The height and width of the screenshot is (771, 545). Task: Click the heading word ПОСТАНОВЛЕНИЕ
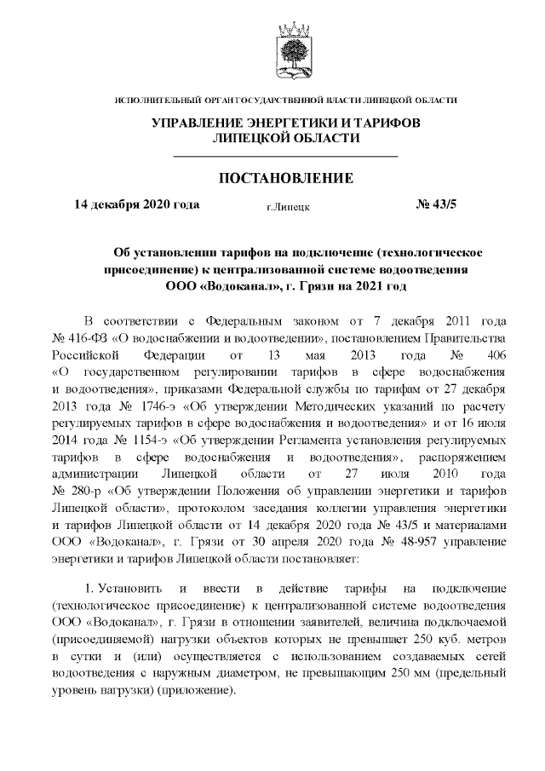coord(286,178)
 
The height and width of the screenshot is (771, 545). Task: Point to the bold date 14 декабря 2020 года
coord(137,204)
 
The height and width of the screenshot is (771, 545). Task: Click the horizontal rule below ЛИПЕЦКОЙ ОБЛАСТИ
coord(286,157)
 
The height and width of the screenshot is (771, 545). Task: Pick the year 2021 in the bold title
coord(369,286)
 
